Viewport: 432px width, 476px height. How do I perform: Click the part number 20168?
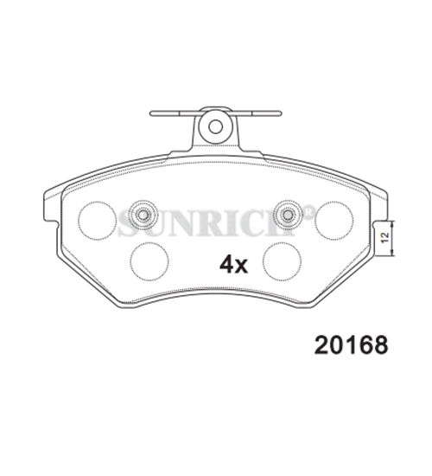point(351,345)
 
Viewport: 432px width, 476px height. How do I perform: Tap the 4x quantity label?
point(233,264)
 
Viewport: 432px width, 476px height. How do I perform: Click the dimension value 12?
point(385,237)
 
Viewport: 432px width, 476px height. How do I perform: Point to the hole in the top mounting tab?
point(215,126)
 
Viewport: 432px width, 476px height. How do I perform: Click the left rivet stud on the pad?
point(143,215)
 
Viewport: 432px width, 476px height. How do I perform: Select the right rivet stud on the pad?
point(288,215)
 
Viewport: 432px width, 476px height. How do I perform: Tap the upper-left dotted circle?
point(97,221)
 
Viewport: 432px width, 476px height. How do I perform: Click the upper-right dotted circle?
point(334,221)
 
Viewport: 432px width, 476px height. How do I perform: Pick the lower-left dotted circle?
point(149,261)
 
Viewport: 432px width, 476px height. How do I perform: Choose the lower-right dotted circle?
point(283,261)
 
